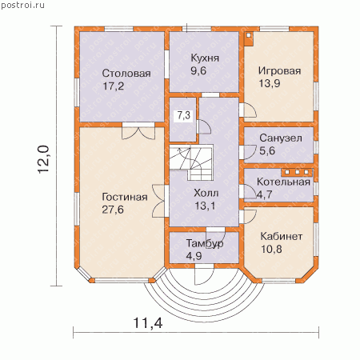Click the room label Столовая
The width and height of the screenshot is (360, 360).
[x=126, y=74]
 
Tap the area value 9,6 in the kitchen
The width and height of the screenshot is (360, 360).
[x=198, y=70]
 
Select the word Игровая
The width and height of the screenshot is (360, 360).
[x=280, y=71]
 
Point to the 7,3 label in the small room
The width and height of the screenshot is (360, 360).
[x=184, y=115]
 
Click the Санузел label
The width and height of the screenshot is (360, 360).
[x=281, y=138]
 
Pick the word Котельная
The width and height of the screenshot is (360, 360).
[x=283, y=182]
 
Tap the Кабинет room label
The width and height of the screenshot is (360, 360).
[x=282, y=236]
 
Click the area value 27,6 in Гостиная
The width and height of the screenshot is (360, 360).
[x=113, y=210]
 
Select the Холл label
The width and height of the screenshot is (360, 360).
[x=206, y=193]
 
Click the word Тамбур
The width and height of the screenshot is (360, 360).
[x=205, y=243]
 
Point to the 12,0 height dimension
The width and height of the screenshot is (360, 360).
[x=43, y=159]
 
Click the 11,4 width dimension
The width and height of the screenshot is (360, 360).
[x=148, y=323]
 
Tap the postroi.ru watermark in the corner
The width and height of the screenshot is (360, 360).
[x=22, y=5]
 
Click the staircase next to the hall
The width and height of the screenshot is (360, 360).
[x=191, y=162]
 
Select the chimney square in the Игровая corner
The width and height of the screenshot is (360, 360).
[x=249, y=38]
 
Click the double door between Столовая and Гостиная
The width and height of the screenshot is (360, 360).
[x=138, y=131]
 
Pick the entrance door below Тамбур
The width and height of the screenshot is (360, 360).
[x=204, y=274]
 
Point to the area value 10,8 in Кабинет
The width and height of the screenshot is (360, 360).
[x=271, y=249]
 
